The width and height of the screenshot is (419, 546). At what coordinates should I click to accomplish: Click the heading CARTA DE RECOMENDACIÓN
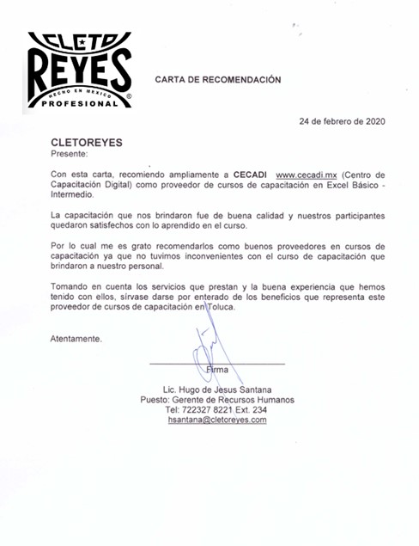point(217,80)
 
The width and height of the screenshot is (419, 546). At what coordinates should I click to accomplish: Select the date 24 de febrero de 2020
point(342,121)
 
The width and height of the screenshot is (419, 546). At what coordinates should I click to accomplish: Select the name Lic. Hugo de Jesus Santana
point(217,390)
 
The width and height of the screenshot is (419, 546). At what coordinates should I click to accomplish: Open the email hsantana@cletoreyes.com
point(217,420)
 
